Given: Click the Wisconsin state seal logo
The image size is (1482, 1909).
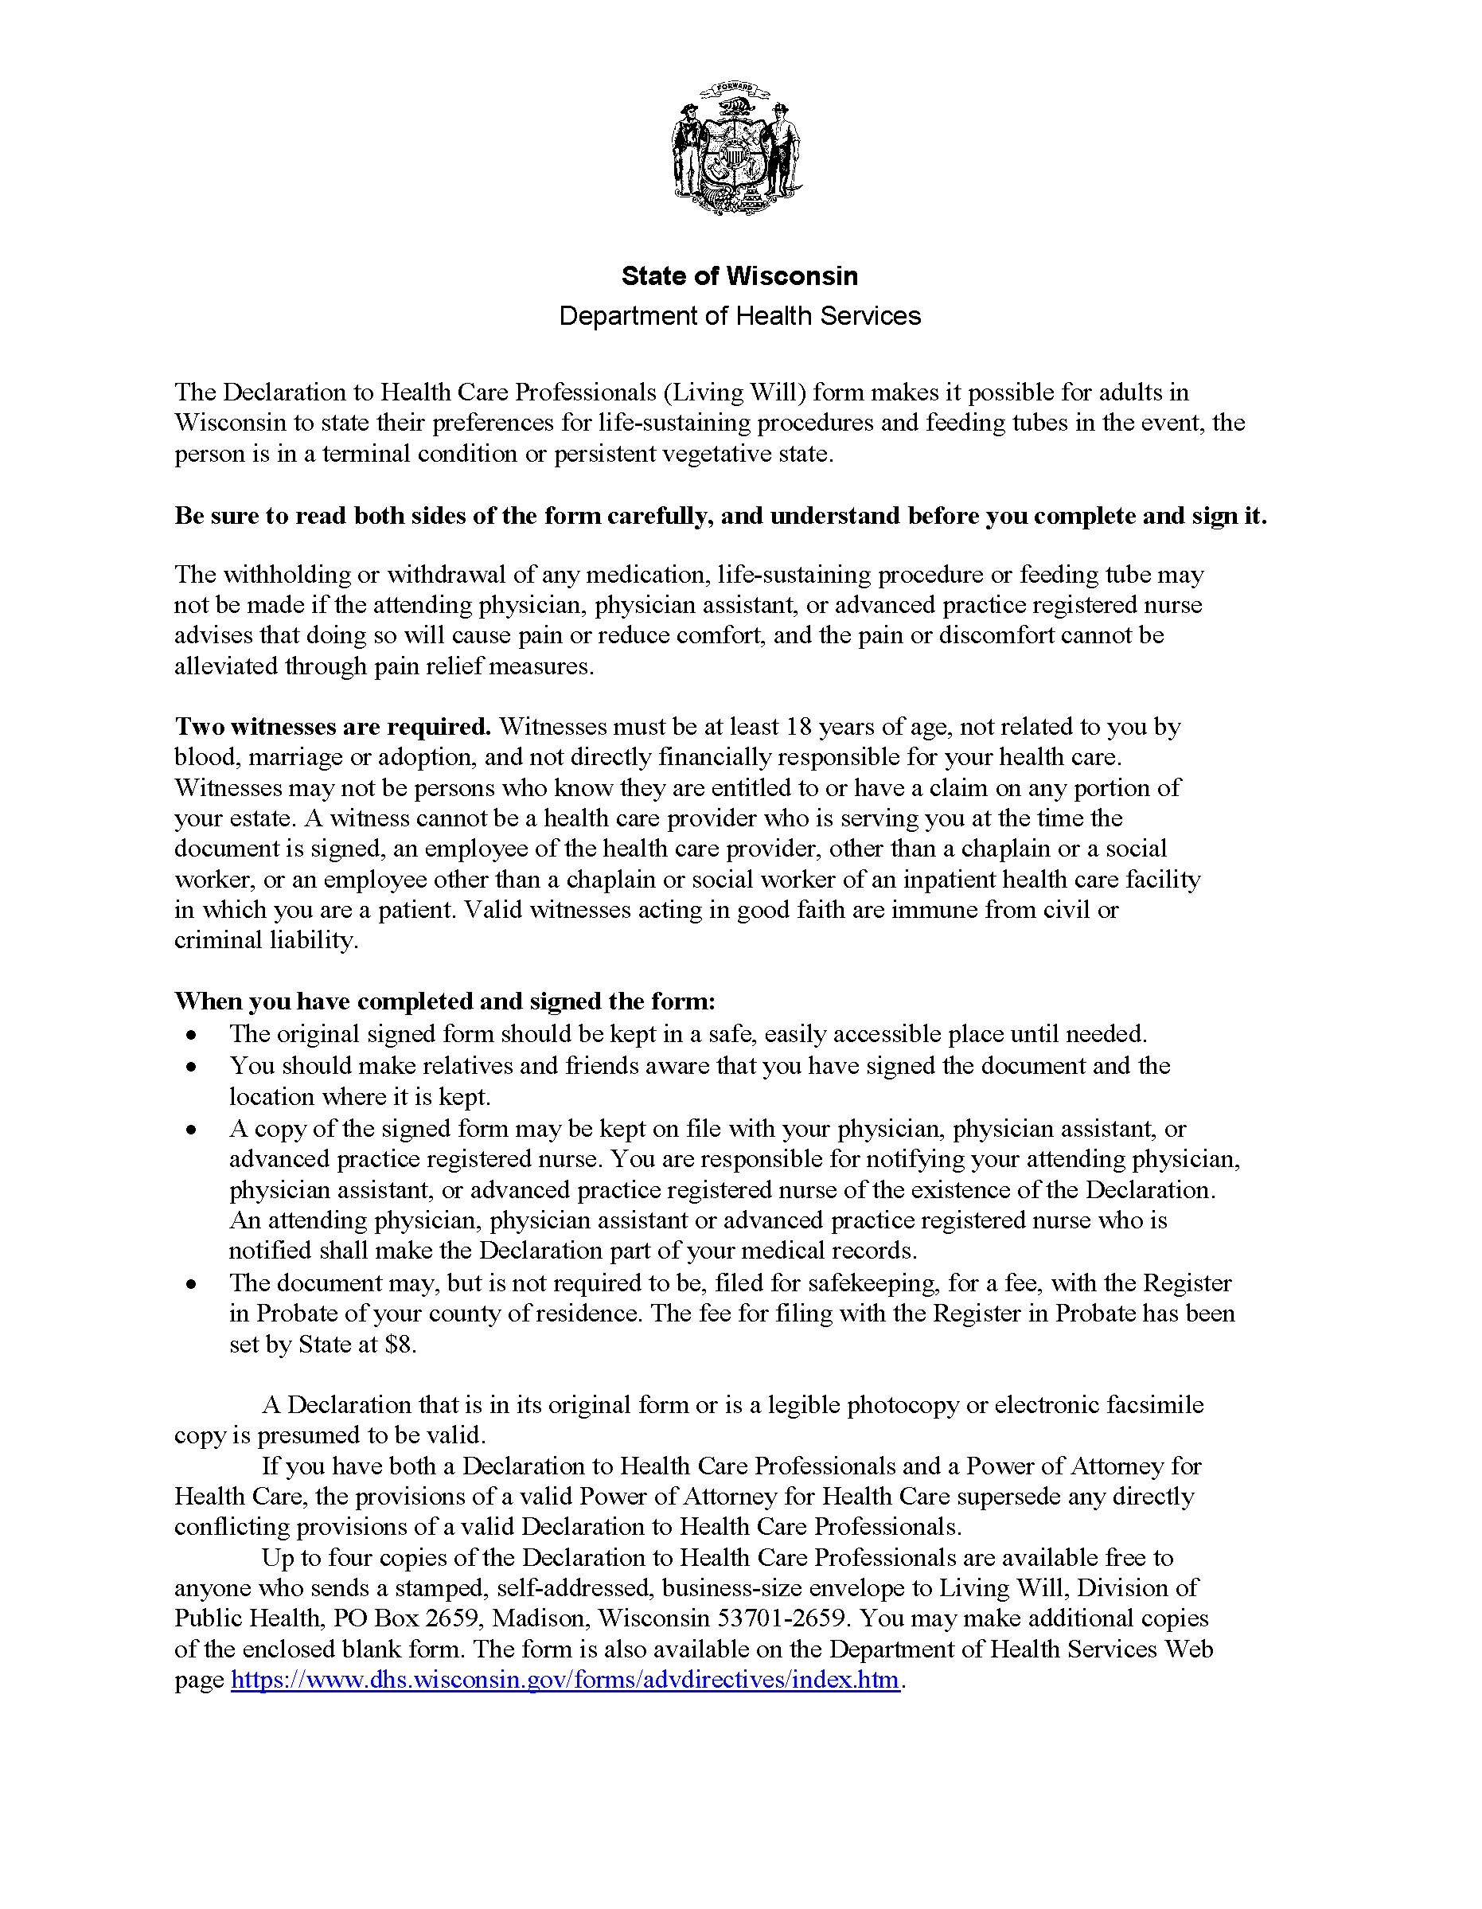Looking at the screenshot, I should pyautogui.click(x=737, y=149).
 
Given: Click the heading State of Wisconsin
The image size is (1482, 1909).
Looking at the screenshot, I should pyautogui.click(x=739, y=276).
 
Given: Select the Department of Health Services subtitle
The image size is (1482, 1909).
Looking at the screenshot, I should pyautogui.click(x=739, y=315).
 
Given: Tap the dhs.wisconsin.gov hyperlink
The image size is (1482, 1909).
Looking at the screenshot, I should pyautogui.click(x=564, y=1679).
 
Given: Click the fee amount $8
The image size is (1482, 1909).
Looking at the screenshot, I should pyautogui.click(x=399, y=1344).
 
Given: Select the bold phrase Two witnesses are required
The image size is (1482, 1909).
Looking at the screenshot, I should pyautogui.click(x=333, y=726).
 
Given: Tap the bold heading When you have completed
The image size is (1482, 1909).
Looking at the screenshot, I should pyautogui.click(x=445, y=1001).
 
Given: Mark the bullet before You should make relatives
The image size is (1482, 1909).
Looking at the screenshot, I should pyautogui.click(x=191, y=1068).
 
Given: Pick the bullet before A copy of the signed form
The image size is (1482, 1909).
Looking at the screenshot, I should pyautogui.click(x=191, y=1130).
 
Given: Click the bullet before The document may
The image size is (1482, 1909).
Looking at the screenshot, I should pyautogui.click(x=191, y=1284).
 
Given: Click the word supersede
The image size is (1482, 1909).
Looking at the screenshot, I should pyautogui.click(x=1008, y=1497).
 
